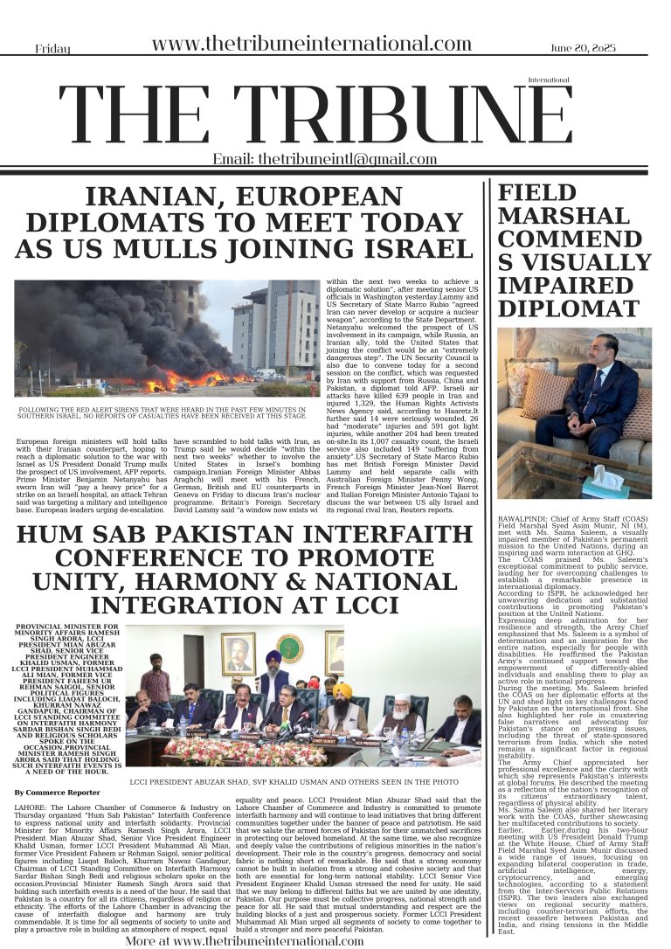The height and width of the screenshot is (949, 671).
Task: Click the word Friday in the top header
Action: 52,50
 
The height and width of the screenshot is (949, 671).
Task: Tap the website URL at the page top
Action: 311,45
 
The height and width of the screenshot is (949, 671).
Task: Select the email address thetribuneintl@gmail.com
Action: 324,159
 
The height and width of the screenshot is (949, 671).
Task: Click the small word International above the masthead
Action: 549,80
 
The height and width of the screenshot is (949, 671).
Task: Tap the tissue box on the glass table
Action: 609,482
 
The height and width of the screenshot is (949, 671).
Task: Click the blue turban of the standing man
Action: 273,656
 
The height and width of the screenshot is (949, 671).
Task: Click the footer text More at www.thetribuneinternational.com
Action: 244,941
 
